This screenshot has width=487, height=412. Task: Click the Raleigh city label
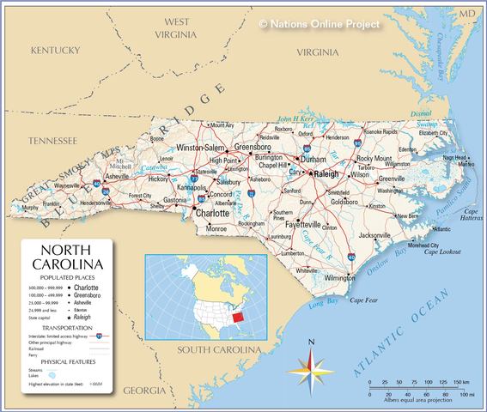click(x=326, y=174)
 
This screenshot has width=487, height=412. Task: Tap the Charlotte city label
click(x=211, y=213)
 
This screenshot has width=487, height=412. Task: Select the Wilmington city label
click(x=340, y=278)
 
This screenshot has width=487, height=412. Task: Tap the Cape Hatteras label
click(x=471, y=215)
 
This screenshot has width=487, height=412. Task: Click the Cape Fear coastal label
click(x=364, y=300)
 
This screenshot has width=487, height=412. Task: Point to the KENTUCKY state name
click(x=55, y=51)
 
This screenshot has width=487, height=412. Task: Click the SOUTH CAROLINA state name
click(x=218, y=350)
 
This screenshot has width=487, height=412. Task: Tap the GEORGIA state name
click(x=144, y=391)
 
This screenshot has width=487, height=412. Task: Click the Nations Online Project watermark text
click(x=319, y=23)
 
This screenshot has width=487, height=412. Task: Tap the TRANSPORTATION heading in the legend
click(x=67, y=327)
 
